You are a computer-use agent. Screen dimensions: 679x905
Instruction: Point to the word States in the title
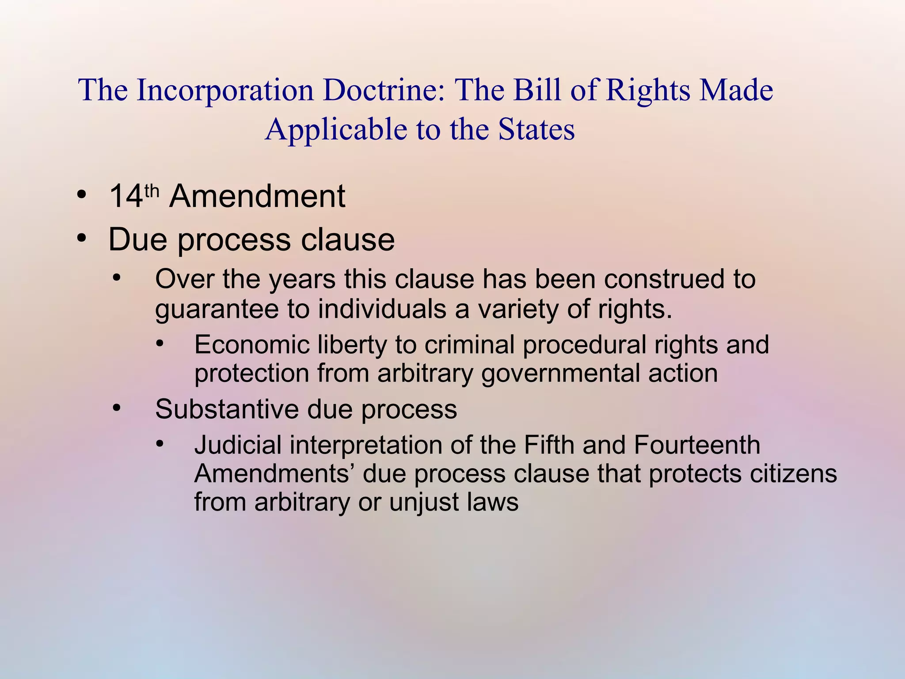[x=536, y=130]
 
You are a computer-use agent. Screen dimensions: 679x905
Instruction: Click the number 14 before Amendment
[x=126, y=197]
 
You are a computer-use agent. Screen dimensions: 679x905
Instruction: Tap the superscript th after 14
[x=152, y=191]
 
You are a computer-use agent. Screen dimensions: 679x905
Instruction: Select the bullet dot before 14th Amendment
[x=81, y=195]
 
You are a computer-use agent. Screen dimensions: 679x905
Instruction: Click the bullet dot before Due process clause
[x=81, y=239]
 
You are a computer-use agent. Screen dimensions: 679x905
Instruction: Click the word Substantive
[x=226, y=409]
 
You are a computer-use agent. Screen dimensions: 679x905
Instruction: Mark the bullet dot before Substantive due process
[x=116, y=408]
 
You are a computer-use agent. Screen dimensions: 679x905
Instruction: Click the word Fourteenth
[x=697, y=445]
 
